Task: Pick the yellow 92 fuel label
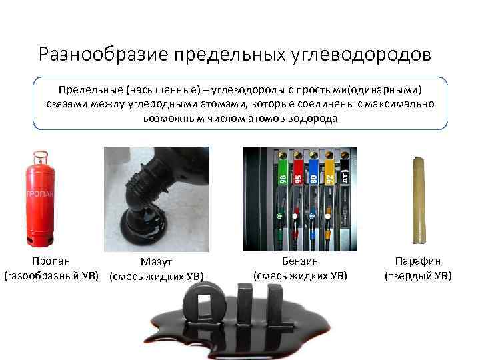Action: coord(328,175)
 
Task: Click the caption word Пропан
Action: coord(51,262)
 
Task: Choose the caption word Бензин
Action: coord(300,262)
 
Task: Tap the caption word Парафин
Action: coord(418,262)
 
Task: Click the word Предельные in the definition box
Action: coord(85,89)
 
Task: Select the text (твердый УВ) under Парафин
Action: coord(418,275)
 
